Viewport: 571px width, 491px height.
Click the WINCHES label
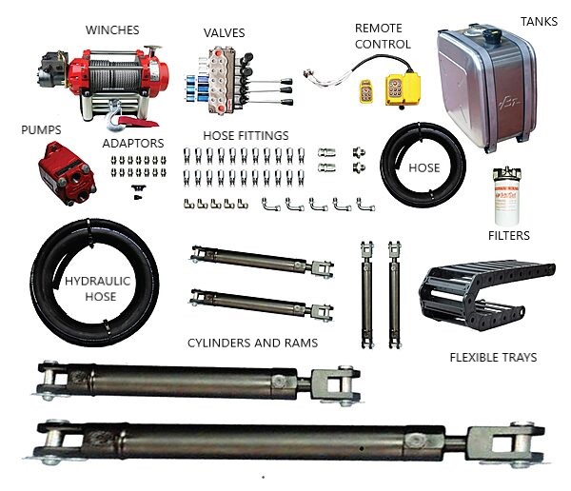112,29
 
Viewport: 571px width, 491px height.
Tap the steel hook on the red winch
113,116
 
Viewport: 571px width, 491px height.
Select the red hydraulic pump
67,173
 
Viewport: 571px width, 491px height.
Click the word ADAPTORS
133,144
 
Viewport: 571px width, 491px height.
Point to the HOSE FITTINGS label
246,135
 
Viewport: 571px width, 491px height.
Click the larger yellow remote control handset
403,89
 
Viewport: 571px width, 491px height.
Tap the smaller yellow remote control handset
366,91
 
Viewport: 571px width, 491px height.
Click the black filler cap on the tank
492,36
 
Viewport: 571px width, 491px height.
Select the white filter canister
506,197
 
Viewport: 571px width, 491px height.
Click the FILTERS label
509,236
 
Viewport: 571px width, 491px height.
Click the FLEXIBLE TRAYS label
493,358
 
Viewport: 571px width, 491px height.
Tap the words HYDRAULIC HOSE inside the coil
98,288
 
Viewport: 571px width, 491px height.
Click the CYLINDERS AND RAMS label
252,343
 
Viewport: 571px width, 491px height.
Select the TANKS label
539,22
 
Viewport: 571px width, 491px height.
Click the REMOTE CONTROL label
383,36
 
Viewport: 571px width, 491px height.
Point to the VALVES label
224,32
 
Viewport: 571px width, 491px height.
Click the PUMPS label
41,130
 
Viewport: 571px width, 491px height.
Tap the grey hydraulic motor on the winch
52,69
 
